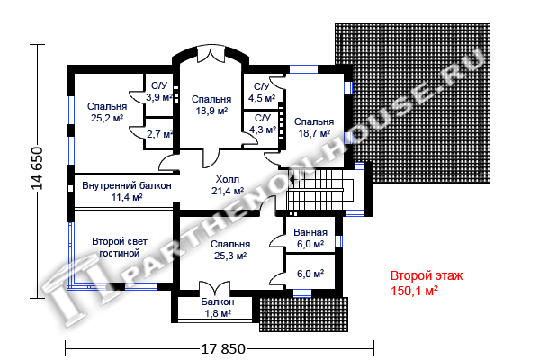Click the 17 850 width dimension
click(223, 348)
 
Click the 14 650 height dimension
click(37, 168)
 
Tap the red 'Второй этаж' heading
click(427, 275)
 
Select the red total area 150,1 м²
click(414, 291)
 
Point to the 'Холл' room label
click(228, 179)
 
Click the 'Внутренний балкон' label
click(127, 185)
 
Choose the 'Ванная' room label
click(310, 232)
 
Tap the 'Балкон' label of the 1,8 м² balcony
click(218, 301)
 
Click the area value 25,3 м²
click(230, 256)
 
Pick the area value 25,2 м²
click(107, 118)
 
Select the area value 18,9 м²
click(211, 111)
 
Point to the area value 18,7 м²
click(314, 133)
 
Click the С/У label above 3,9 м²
click(159, 85)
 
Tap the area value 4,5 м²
click(262, 98)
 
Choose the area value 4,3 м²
click(263, 130)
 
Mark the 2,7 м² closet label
click(159, 134)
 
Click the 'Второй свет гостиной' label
click(120, 247)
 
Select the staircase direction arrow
click(292, 179)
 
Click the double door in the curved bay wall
click(211, 55)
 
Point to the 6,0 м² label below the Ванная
click(310, 274)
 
